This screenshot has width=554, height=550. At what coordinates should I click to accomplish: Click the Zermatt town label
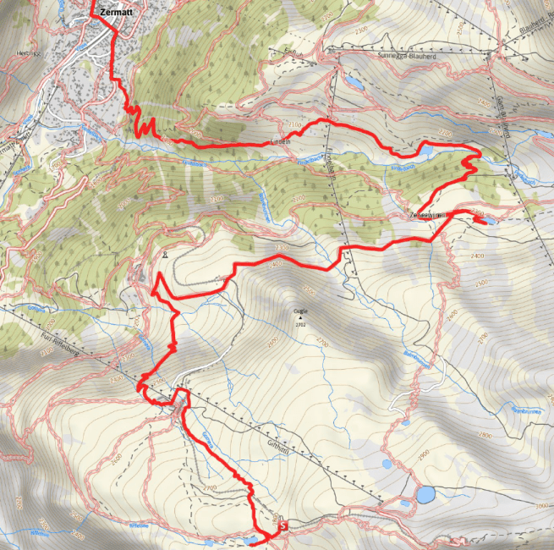pyautogui.click(x=115, y=13)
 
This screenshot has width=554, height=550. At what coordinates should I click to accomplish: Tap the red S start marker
pyautogui.click(x=282, y=525)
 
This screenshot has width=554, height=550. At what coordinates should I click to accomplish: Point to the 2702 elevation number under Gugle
pyautogui.click(x=301, y=322)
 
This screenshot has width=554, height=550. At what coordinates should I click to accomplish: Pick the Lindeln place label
pyautogui.click(x=281, y=141)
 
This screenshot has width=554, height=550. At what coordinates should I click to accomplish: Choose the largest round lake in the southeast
pyautogui.click(x=425, y=492)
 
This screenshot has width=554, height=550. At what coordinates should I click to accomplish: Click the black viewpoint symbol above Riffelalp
pyautogui.click(x=166, y=254)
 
